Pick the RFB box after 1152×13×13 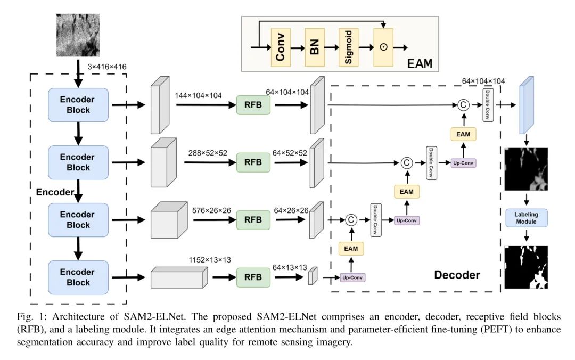pyautogui.click(x=253, y=276)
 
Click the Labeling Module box pyautogui.click(x=526, y=218)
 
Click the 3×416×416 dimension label pyautogui.click(x=109, y=67)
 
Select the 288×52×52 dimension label pyautogui.click(x=208, y=152)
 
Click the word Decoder pyautogui.click(x=457, y=275)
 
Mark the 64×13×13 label pyautogui.click(x=290, y=267)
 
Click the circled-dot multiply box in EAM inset pyautogui.click(x=383, y=47)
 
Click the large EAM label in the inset pyautogui.click(x=420, y=64)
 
